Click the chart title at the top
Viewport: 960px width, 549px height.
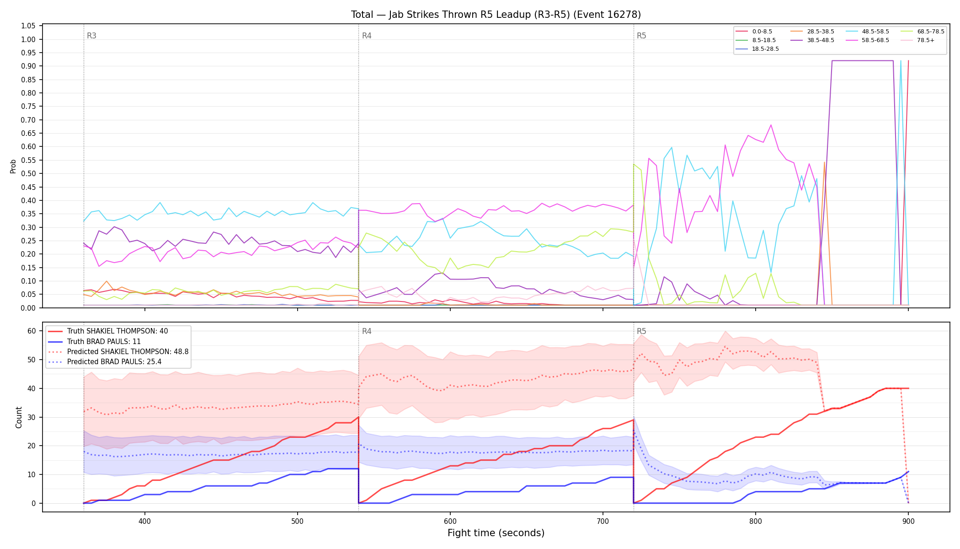point(496,15)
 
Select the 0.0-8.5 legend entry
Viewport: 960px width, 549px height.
point(754,32)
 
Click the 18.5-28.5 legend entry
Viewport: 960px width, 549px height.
point(757,49)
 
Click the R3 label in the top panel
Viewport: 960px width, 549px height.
point(91,36)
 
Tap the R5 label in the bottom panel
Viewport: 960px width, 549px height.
point(641,331)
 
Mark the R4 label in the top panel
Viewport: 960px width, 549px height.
point(367,36)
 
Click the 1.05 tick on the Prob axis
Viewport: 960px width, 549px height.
point(28,26)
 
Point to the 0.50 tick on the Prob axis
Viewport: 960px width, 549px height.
point(28,173)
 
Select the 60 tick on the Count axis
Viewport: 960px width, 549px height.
point(32,331)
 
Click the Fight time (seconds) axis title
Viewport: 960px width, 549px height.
point(496,533)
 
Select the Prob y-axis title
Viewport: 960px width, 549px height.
point(13,167)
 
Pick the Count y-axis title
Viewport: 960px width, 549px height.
point(19,417)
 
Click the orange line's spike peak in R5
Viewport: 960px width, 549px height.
point(824,162)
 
